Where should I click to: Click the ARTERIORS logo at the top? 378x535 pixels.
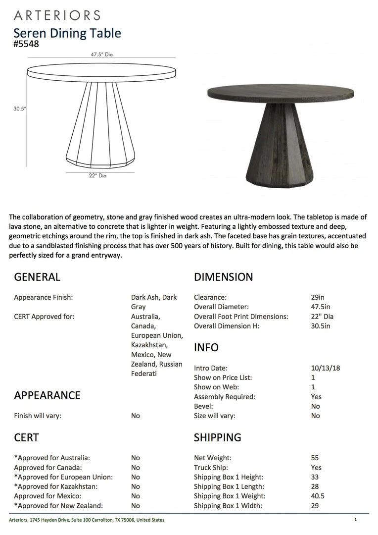click(57, 15)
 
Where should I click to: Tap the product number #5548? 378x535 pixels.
click(26, 44)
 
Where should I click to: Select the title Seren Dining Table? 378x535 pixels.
click(67, 33)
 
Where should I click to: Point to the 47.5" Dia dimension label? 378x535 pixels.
click(101, 55)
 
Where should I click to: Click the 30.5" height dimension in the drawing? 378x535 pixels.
click(20, 109)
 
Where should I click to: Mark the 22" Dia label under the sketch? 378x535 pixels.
click(97, 175)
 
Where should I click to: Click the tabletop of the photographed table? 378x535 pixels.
click(281, 92)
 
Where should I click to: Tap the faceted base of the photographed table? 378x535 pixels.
click(280, 149)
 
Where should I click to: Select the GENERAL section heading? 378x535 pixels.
click(37, 277)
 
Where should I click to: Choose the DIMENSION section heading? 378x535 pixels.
click(223, 277)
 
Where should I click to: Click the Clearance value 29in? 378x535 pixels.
click(318, 297)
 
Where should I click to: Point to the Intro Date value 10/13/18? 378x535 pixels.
click(326, 368)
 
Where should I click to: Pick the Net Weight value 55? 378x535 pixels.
click(315, 458)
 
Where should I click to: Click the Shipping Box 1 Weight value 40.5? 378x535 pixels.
click(318, 496)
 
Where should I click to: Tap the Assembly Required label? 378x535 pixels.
click(225, 397)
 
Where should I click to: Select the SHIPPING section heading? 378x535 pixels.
click(218, 437)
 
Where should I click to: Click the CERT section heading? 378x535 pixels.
click(26, 437)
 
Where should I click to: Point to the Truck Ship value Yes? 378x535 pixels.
click(316, 468)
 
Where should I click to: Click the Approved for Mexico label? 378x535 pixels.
click(47, 496)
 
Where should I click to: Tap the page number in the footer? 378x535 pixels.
click(355, 520)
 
